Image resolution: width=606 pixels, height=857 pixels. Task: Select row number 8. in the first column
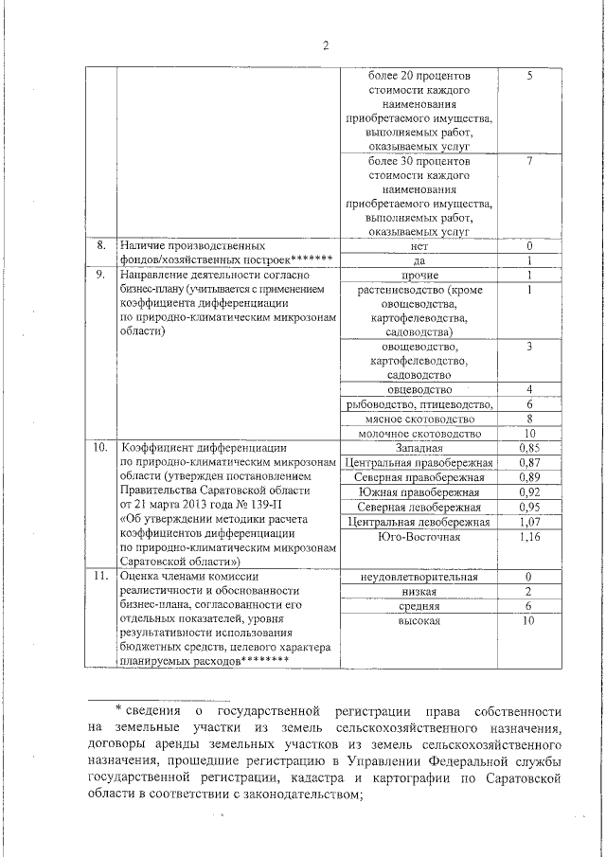(99, 245)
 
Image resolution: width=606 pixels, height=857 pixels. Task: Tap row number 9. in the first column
(99, 275)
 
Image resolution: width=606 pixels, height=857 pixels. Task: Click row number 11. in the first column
(99, 575)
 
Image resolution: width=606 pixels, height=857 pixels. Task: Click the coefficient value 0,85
(530, 447)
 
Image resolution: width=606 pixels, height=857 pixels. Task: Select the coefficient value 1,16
(530, 537)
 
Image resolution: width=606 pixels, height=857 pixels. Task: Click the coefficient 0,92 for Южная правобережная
(530, 492)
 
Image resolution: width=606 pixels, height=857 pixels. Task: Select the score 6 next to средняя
(530, 605)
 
